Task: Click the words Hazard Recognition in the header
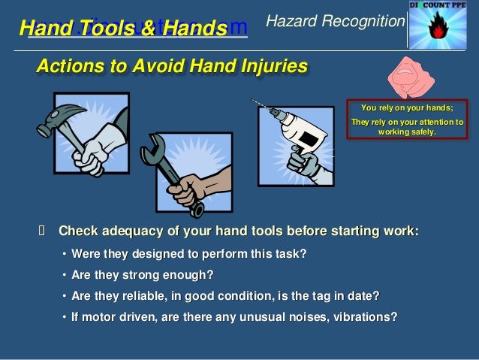[336, 23]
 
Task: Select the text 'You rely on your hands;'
[406, 107]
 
